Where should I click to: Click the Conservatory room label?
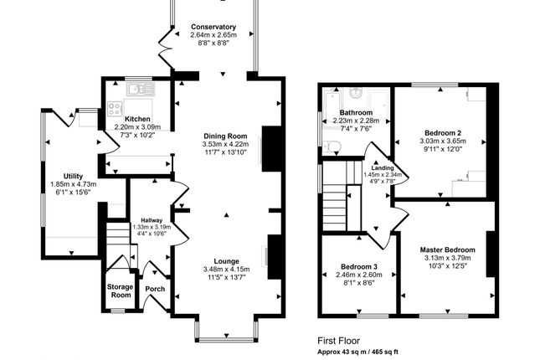click(213, 27)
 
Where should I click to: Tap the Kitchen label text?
click(137, 119)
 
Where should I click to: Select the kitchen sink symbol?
click(141, 89)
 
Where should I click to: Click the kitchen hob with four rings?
click(115, 108)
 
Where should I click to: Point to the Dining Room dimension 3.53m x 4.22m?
click(225, 144)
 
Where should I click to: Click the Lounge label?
click(226, 261)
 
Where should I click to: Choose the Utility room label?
click(73, 176)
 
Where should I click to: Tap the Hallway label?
click(152, 220)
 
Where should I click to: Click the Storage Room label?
click(120, 291)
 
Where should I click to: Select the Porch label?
click(155, 289)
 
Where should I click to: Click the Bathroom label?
click(356, 112)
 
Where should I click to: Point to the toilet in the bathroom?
click(332, 147)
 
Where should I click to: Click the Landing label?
click(383, 167)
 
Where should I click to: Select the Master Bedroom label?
click(447, 249)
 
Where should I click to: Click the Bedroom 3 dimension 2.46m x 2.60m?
click(359, 275)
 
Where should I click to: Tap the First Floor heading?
click(338, 341)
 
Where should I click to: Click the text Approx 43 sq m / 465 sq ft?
click(357, 352)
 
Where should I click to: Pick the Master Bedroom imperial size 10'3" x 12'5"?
click(447, 266)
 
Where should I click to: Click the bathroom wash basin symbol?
click(355, 92)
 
